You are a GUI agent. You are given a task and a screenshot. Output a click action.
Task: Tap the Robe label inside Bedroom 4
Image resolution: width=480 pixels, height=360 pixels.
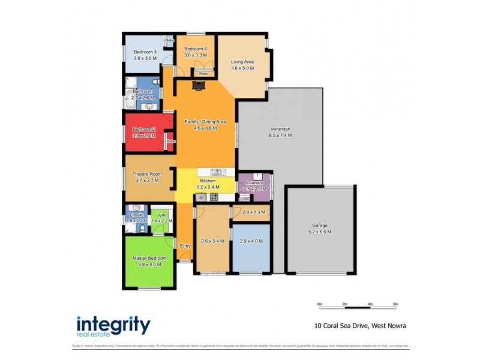pos(195,74)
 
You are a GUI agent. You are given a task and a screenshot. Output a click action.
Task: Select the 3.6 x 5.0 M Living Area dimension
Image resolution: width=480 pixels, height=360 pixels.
pos(242,68)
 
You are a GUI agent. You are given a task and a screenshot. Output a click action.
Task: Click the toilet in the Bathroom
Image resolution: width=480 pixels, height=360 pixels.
pos(155,82)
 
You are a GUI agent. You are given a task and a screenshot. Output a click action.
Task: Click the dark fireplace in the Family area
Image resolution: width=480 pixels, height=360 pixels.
pos(197,86)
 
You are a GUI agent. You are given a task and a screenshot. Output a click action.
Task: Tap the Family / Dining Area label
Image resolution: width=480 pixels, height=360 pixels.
pos(205,122)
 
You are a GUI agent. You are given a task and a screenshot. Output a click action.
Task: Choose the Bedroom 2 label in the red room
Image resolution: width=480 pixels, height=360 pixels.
pos(144,130)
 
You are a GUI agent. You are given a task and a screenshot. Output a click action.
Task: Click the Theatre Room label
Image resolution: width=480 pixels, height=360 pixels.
pos(147,174)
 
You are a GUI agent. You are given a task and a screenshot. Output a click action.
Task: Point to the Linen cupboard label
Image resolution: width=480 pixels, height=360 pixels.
pos(245,199)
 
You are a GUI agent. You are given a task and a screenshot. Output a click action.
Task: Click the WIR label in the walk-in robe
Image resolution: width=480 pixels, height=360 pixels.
pos(162,214)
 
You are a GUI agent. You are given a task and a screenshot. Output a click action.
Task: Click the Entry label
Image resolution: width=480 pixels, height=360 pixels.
pos(185,245)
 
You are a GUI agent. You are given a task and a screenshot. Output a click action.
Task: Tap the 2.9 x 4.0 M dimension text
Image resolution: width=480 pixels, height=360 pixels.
pos(251,241)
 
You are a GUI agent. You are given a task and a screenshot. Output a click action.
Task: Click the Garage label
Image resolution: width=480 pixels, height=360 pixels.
pos(319,226)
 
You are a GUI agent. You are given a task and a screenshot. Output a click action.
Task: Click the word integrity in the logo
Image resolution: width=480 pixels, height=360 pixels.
pos(113,325)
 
